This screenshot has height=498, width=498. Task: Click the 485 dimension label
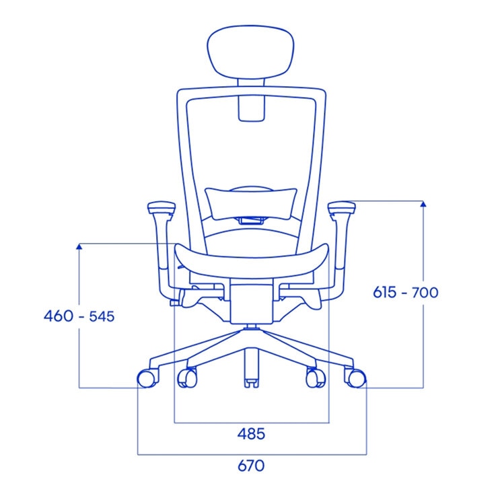pos(250,434)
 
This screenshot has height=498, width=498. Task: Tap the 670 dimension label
pos(250,466)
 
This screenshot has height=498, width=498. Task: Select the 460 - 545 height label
pos(79,316)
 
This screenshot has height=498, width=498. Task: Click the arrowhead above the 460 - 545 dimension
pos(79,246)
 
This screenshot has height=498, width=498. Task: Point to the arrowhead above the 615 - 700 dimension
pos(423,204)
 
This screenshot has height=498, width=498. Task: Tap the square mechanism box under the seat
pos(250,304)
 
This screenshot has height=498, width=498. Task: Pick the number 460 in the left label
pos(58,316)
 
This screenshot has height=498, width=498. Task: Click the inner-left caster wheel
pos(187,378)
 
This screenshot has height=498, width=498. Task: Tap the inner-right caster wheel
pos(314,378)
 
